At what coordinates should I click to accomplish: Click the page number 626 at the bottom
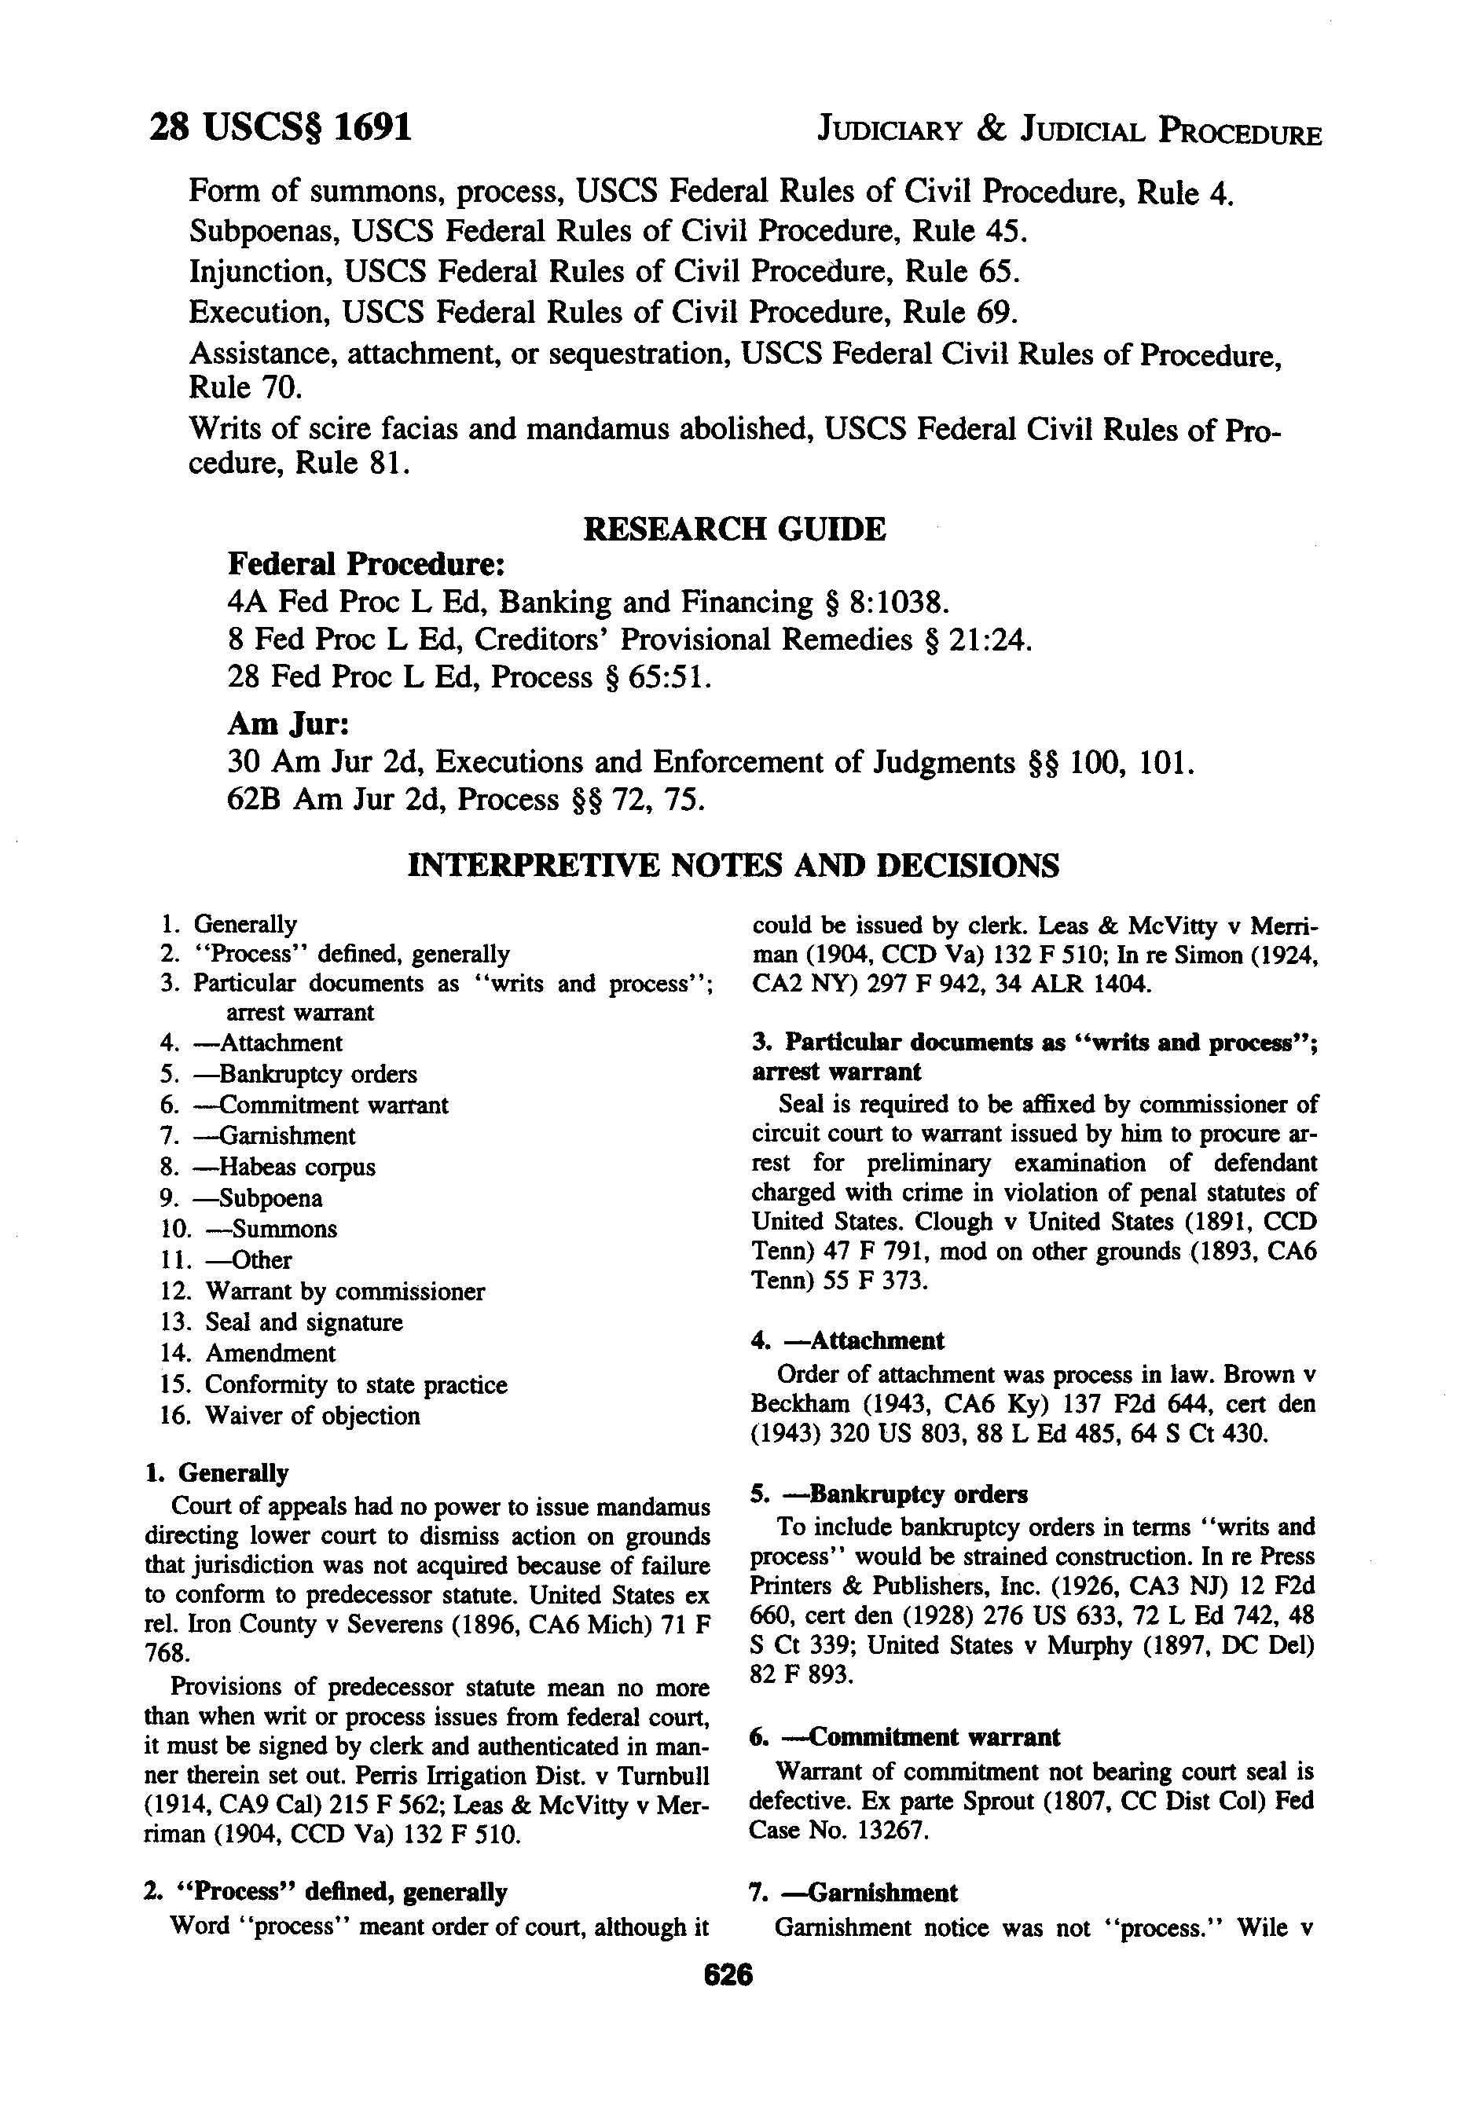(728, 1975)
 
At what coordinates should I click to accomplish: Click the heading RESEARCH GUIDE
(735, 529)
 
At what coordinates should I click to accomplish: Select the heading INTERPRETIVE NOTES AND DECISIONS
(734, 865)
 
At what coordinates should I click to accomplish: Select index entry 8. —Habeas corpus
(268, 1167)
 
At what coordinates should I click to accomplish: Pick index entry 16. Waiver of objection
(290, 1415)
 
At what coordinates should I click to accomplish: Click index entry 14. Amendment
(248, 1353)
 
